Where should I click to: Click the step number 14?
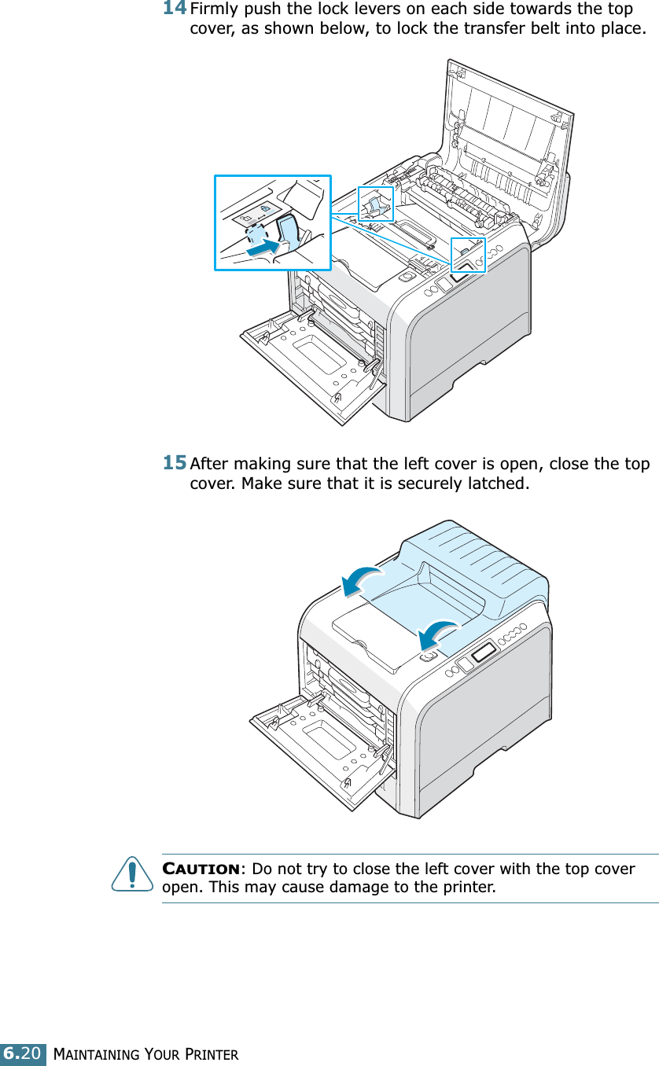coord(175,9)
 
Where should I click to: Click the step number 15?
coord(175,461)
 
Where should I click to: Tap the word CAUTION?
coord(201,869)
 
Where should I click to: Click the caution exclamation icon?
coord(132,875)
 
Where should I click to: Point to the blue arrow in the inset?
coord(263,248)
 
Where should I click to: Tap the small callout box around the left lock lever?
coord(375,204)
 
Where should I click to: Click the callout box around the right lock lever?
coord(468,254)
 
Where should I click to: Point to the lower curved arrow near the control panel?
coord(437,632)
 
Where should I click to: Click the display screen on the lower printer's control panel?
coord(484,651)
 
